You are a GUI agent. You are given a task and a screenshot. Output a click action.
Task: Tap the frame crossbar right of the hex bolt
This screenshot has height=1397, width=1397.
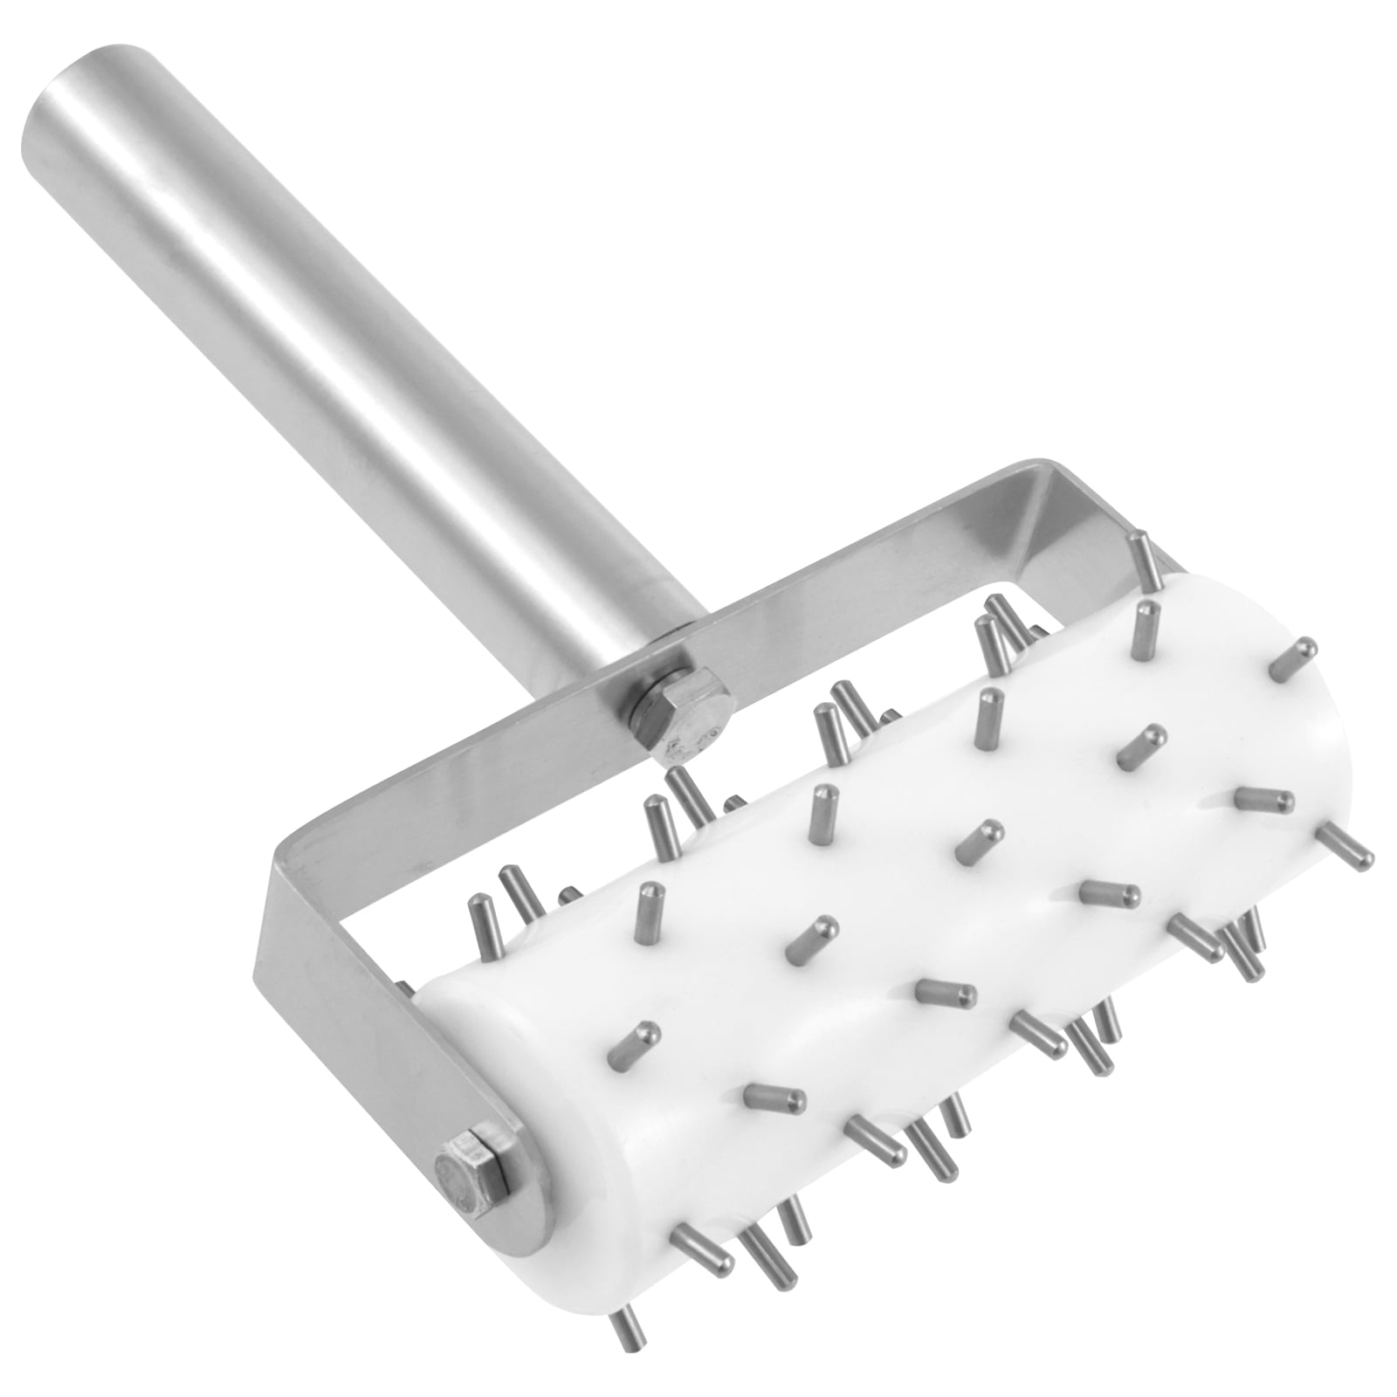[873, 568]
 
